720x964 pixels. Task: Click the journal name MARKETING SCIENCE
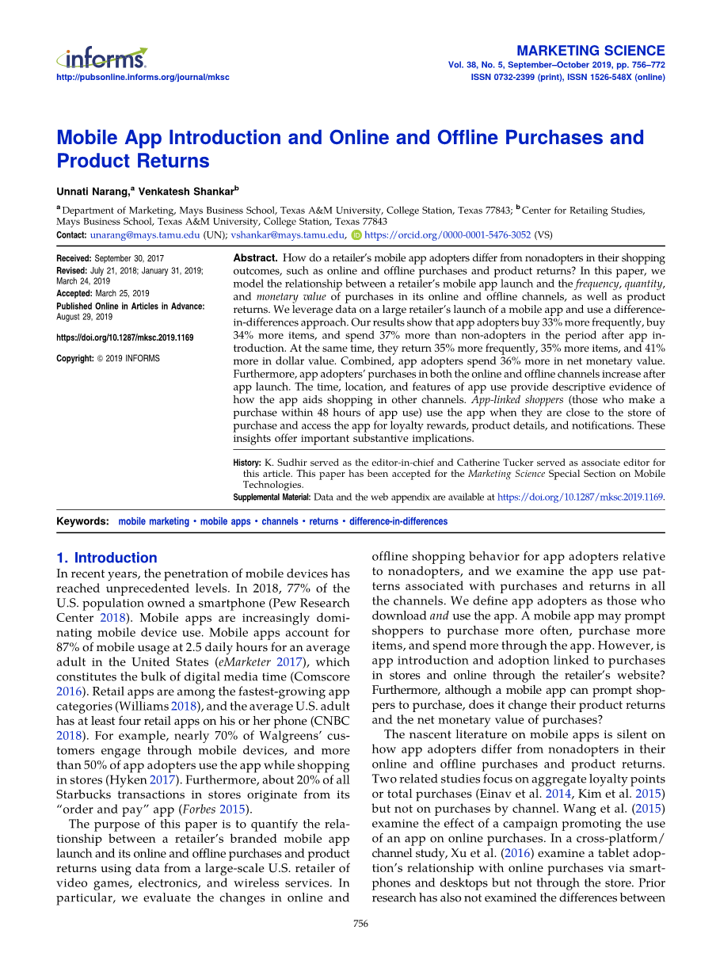tap(590, 51)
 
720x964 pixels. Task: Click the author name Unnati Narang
tap(93, 191)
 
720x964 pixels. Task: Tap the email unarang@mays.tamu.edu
tap(145, 235)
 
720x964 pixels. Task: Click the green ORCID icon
tap(356, 235)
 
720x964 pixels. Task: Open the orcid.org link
tap(448, 235)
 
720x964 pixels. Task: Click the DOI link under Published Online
tap(124, 337)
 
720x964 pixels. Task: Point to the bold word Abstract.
tap(255, 258)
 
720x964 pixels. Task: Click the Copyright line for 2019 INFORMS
tap(108, 359)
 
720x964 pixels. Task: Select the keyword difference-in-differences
tap(398, 521)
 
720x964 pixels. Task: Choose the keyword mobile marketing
tap(154, 521)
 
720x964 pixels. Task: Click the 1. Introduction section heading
tap(107, 558)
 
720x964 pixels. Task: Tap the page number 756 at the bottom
tap(360, 924)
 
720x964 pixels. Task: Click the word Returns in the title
tap(173, 161)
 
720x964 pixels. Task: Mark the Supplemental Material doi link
tap(581, 497)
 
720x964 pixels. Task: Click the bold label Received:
tap(74, 259)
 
